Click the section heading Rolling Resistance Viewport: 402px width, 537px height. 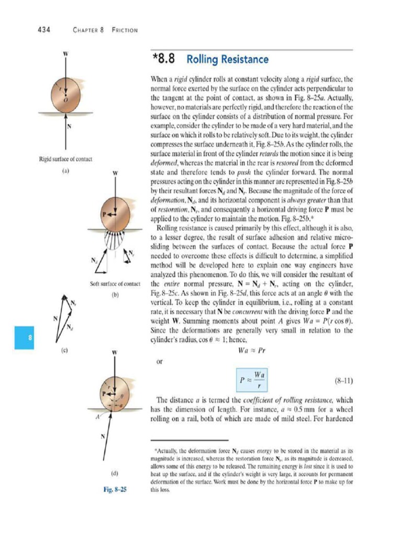pos(228,59)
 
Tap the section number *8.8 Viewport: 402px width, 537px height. pos(164,59)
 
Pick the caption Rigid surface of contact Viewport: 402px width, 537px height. pos(66,158)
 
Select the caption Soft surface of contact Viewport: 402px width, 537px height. pos(116,284)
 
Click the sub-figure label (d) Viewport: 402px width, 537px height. pos(116,473)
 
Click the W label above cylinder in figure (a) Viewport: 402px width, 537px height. pos(66,53)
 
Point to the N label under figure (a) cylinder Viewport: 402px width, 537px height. pos(69,126)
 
